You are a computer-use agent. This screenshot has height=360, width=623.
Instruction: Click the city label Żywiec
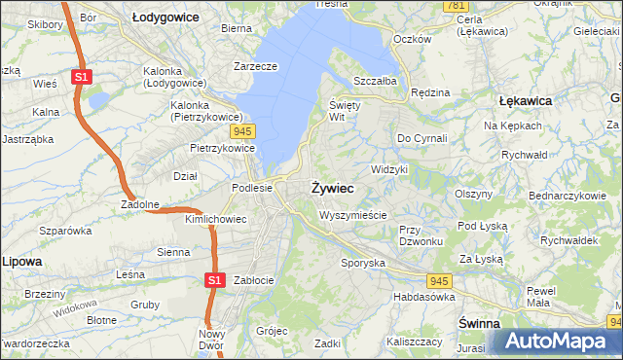(x=332, y=187)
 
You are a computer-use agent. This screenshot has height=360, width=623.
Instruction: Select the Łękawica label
(x=526, y=100)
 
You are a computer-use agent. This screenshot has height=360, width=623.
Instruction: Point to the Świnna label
(x=479, y=322)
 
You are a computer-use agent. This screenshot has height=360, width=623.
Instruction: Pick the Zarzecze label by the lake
(x=256, y=66)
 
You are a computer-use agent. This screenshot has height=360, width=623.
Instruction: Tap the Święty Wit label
(x=345, y=110)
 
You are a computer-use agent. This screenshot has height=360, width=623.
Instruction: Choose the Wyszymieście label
(x=352, y=215)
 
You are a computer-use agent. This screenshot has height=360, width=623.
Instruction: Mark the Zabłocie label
(x=252, y=280)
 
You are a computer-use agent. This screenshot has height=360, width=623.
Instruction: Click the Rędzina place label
(x=430, y=92)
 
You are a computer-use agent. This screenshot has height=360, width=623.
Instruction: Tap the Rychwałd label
(x=527, y=154)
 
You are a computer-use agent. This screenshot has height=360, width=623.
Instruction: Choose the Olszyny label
(x=474, y=194)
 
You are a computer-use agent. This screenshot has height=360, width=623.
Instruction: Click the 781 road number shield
(x=455, y=6)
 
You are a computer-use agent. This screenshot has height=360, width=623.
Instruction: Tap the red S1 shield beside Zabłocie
(x=216, y=280)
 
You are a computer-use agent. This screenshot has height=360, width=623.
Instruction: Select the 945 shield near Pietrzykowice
(x=243, y=129)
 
